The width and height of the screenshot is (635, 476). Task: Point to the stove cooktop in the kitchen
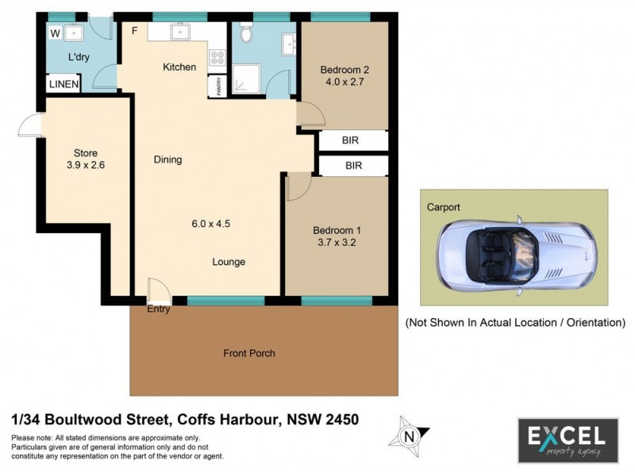(216, 58)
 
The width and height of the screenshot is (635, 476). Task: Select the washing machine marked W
(55, 33)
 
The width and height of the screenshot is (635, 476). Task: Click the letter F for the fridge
(135, 31)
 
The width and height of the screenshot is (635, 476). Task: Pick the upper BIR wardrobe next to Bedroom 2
(351, 140)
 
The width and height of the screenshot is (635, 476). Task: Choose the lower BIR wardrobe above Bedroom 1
(353, 166)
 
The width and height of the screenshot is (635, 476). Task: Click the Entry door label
(159, 309)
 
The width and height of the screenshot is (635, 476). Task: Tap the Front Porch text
(249, 353)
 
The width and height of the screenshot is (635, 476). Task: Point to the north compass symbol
(410, 435)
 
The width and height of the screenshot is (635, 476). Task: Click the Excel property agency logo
(568, 439)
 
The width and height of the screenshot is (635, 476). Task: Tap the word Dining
(167, 159)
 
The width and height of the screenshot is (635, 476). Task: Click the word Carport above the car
(444, 207)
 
